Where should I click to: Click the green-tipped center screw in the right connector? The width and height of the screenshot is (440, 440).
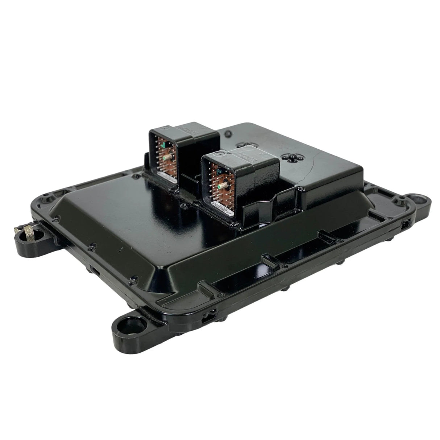[220, 187]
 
